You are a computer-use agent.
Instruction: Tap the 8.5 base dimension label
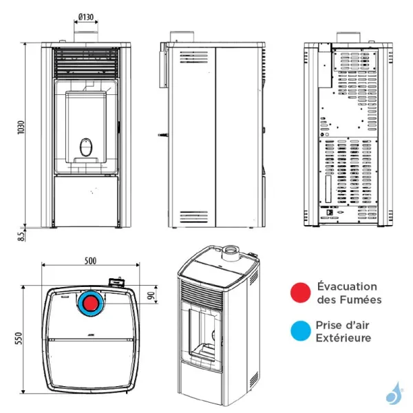(x=21, y=235)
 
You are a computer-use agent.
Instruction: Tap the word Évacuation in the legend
(x=347, y=286)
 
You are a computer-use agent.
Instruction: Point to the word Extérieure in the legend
(x=343, y=338)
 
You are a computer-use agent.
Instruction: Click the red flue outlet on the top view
(x=90, y=303)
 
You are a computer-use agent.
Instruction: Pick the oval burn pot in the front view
(x=86, y=147)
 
